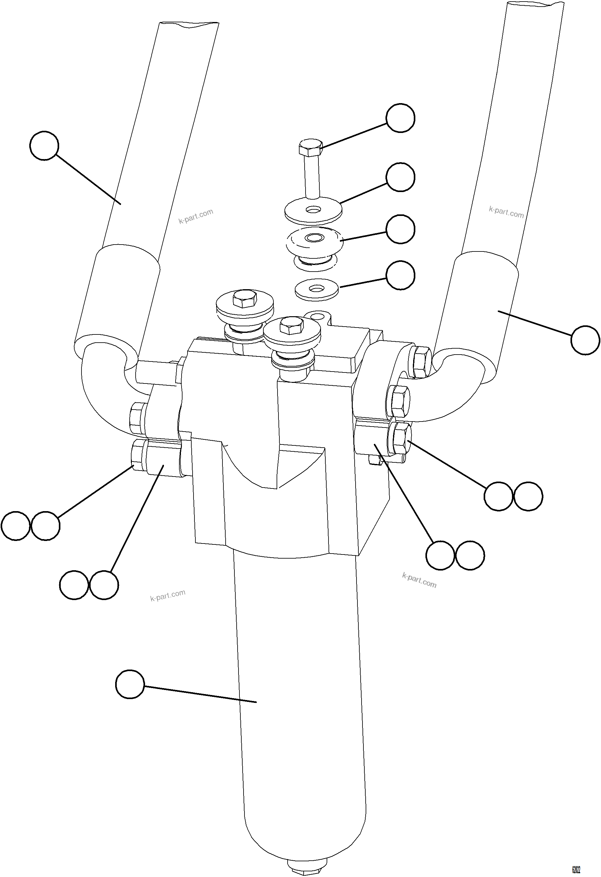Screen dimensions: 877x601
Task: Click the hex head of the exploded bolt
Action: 311,147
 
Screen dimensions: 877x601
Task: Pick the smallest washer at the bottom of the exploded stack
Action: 317,290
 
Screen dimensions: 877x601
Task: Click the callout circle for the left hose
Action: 44,146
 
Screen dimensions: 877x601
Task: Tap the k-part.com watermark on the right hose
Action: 506,212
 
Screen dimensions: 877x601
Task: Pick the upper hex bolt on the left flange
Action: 136,418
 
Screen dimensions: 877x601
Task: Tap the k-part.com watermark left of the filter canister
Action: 168,595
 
